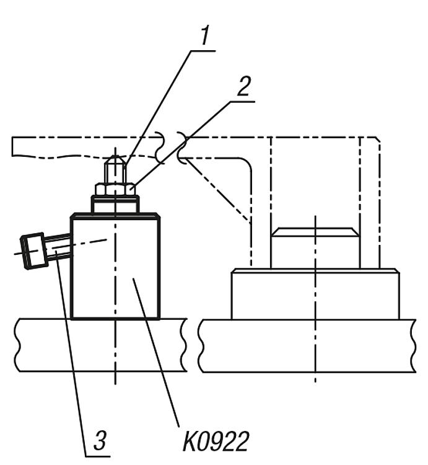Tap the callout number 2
click(244, 86)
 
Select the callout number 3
click(100, 440)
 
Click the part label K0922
click(216, 441)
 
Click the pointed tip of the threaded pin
click(115, 156)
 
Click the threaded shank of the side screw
click(58, 246)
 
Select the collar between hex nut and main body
click(115, 204)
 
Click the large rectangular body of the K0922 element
click(115, 267)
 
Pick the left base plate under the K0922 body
click(102, 345)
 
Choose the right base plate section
click(307, 346)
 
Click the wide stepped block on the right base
click(315, 294)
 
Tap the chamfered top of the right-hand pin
click(315, 232)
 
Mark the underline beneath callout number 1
click(203, 51)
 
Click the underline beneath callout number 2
click(243, 102)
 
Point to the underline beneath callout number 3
click(98, 456)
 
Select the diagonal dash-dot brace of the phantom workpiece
click(216, 190)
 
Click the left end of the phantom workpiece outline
click(12, 146)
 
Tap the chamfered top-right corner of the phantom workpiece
click(378, 139)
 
